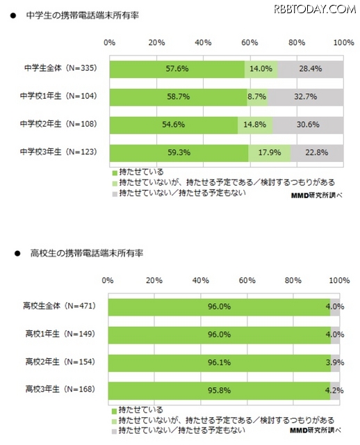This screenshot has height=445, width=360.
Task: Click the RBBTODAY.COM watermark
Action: (x=315, y=9)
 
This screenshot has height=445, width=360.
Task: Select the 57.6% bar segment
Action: (x=177, y=70)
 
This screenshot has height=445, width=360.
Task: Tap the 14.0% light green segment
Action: (x=261, y=70)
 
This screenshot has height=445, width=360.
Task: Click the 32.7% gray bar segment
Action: (x=305, y=97)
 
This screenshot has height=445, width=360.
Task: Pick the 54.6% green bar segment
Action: (x=174, y=125)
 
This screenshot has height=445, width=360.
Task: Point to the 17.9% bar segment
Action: (x=269, y=153)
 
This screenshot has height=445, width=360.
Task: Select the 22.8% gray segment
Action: (x=317, y=153)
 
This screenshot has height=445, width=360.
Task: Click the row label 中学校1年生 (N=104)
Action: (x=58, y=96)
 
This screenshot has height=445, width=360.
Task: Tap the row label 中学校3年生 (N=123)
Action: (x=58, y=152)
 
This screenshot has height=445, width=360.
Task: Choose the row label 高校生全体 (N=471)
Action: (x=60, y=306)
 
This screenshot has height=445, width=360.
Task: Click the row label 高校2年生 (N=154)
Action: (x=60, y=362)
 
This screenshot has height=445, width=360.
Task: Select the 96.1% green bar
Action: (x=220, y=363)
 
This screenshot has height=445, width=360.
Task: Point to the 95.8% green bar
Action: (x=219, y=391)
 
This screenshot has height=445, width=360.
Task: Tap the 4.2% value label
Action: (x=334, y=391)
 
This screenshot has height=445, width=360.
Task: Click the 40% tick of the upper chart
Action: (x=203, y=43)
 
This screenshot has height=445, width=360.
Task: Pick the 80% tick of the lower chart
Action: (x=293, y=281)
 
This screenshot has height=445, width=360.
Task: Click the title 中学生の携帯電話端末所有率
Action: (x=82, y=15)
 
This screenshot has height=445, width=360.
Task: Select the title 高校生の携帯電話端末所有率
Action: (x=86, y=253)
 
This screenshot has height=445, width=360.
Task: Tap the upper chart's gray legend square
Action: (x=115, y=194)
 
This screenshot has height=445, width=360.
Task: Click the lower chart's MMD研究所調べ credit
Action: (x=316, y=430)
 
